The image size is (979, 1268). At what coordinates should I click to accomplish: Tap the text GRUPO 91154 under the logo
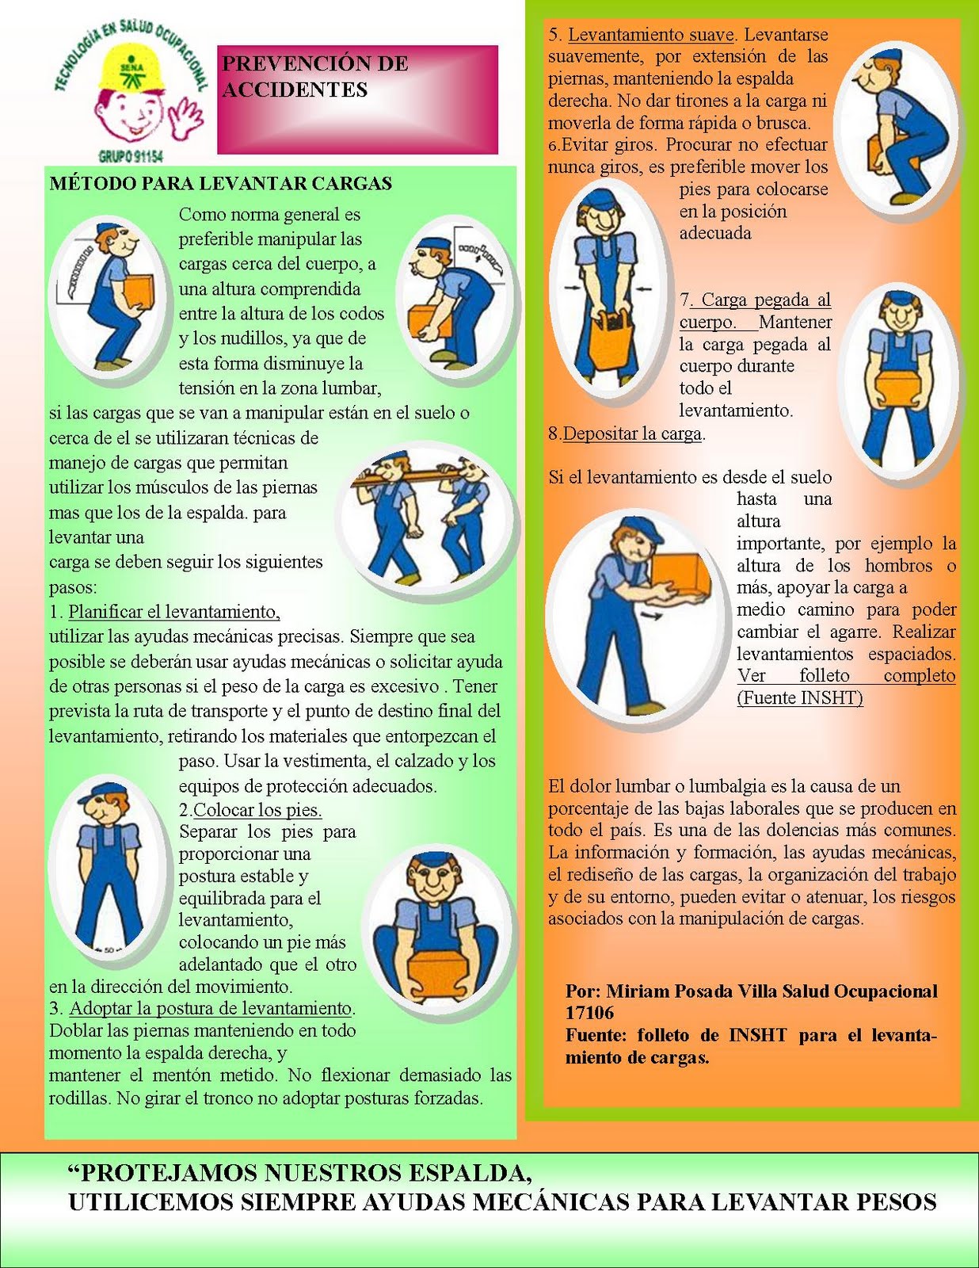point(131,156)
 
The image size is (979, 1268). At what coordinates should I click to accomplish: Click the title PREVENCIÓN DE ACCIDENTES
point(315,76)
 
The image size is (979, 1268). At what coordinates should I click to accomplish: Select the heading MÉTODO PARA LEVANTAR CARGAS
point(220,183)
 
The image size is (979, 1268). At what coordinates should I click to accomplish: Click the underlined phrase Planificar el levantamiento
point(173,612)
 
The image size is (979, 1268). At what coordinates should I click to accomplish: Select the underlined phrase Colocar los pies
point(257,810)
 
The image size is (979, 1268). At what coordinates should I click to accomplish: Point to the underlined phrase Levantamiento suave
point(651,34)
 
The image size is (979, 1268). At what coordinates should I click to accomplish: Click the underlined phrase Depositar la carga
point(632,433)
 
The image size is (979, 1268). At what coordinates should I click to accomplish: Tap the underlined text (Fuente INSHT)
point(800,698)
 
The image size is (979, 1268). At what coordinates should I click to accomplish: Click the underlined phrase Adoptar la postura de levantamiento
point(211,1008)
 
